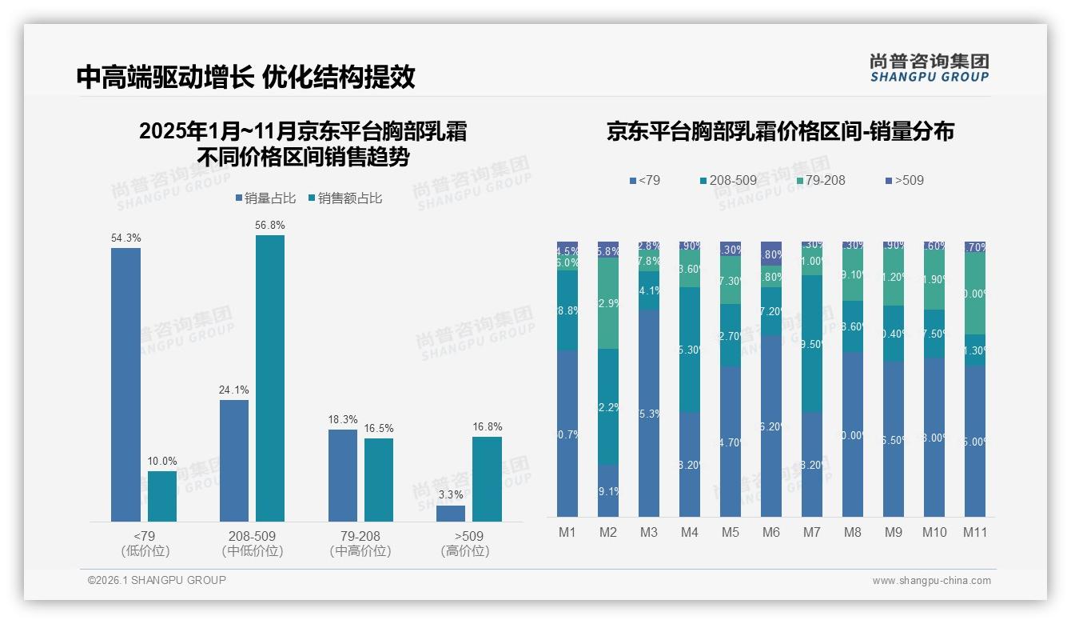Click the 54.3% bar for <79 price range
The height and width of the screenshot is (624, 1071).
coord(125,384)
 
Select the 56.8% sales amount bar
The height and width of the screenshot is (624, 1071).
coord(270,378)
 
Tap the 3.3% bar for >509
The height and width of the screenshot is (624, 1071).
coord(451,513)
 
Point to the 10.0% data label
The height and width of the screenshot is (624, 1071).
coord(162,462)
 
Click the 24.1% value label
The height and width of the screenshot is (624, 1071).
coord(234,390)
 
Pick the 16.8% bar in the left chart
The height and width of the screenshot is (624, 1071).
coord(487,478)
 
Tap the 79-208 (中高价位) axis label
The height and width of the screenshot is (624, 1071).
coord(360,543)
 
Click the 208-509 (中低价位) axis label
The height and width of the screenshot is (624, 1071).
coord(253,543)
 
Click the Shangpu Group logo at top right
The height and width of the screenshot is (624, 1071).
coord(929,68)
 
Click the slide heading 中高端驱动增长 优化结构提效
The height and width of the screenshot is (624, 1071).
coord(246,77)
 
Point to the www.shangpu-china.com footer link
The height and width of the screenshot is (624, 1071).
coord(931,581)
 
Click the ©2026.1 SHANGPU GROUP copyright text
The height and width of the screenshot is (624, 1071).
coord(157,580)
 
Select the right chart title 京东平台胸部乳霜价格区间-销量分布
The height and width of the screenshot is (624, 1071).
coord(780,132)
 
